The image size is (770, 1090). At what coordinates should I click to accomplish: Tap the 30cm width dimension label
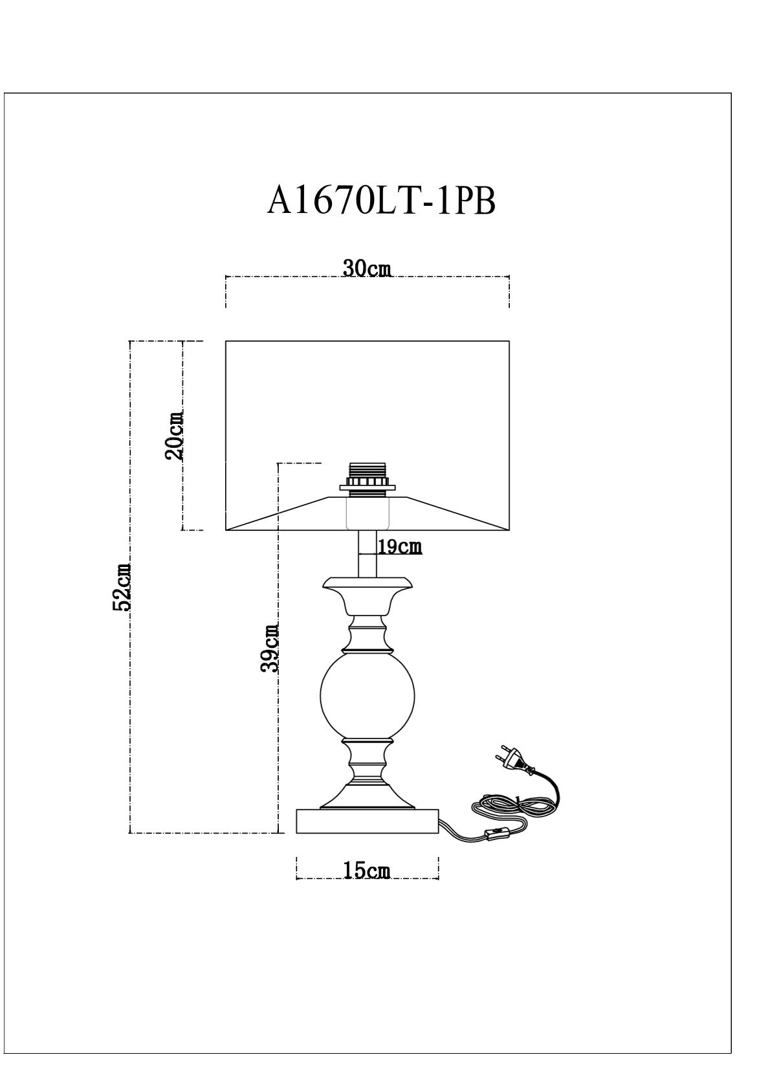(x=368, y=268)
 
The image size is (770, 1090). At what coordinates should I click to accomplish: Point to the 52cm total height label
(x=122, y=587)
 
